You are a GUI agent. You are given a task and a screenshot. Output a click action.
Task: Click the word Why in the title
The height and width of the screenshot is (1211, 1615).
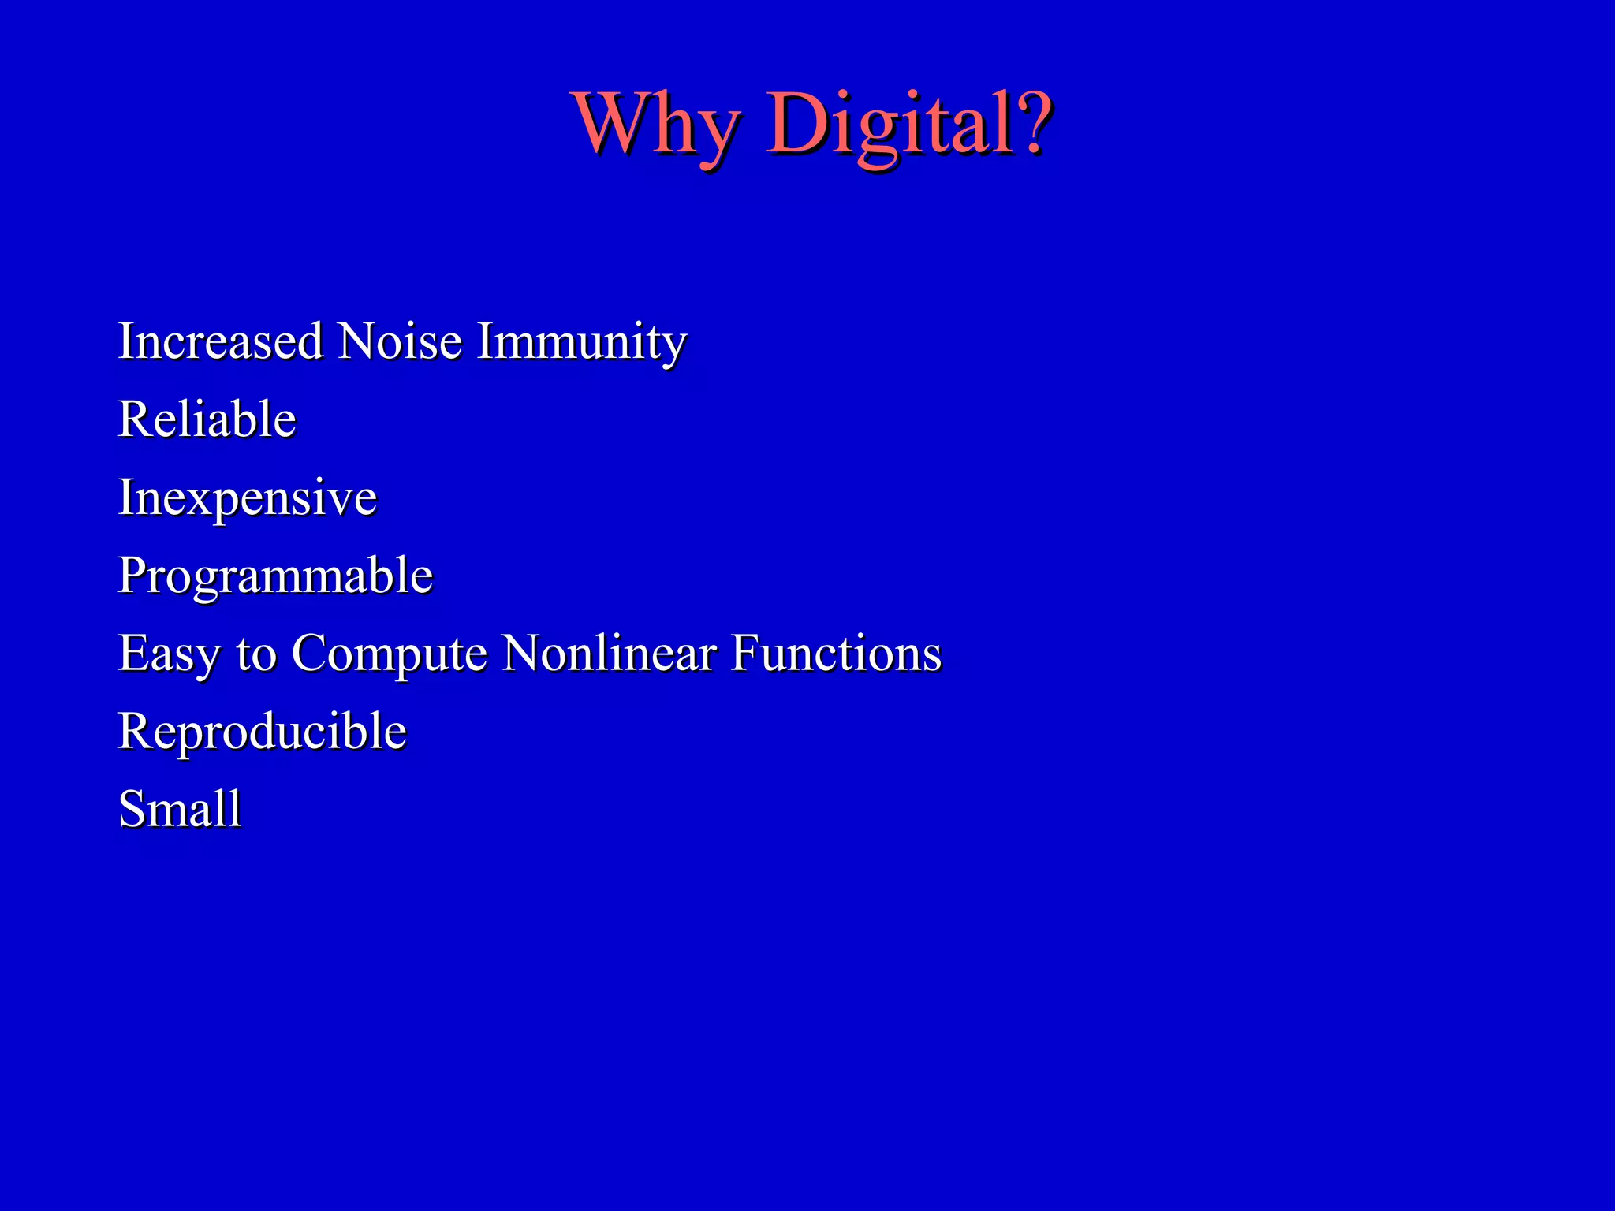coord(658,125)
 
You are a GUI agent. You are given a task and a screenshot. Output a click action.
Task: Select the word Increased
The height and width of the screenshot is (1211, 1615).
coord(220,341)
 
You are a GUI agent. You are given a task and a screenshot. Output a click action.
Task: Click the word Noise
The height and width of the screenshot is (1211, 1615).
coord(400,341)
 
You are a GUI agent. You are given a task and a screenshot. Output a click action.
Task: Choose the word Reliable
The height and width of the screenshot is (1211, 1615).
coord(207,419)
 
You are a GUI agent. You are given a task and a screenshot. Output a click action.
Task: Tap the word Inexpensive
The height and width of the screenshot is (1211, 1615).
coord(248,498)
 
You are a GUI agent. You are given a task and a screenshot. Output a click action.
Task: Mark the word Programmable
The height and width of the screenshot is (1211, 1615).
coord(275,576)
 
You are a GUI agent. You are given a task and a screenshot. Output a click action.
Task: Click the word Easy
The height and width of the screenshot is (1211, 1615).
coord(170,654)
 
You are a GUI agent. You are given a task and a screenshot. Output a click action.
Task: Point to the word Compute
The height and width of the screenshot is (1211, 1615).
coord(390,654)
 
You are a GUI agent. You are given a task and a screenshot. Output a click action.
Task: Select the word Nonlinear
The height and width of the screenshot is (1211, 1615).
coord(609,653)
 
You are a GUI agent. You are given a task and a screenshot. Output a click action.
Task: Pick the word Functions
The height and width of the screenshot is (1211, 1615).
coord(836,653)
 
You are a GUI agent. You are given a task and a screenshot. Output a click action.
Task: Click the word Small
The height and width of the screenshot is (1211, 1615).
coord(180,809)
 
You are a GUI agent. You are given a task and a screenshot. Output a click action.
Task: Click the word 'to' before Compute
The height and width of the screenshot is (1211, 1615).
coord(256,654)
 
